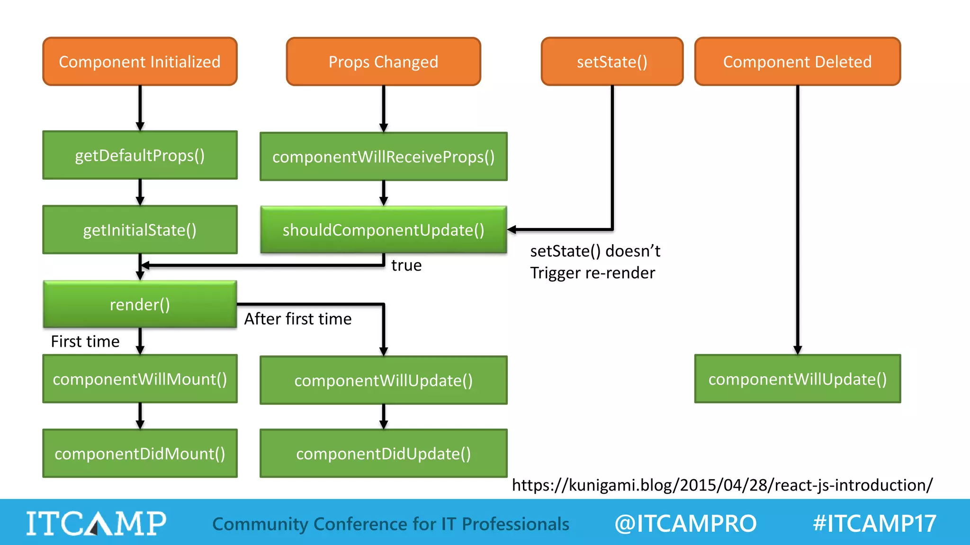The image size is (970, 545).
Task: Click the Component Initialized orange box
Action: (x=140, y=62)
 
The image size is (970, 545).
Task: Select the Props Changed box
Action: (x=383, y=62)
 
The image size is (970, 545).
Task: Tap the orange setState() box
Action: (x=612, y=62)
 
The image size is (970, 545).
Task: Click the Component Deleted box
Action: (x=797, y=62)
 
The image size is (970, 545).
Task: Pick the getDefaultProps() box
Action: (x=140, y=155)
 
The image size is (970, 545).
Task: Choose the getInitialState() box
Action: (x=140, y=230)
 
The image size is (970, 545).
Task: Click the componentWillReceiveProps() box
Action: (x=383, y=157)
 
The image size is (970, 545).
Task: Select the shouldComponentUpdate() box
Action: (x=383, y=230)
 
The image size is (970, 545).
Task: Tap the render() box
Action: (x=140, y=304)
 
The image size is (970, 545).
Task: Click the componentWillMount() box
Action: (x=140, y=379)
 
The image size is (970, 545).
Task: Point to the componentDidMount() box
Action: (x=140, y=453)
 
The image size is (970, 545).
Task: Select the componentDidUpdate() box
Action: (x=383, y=453)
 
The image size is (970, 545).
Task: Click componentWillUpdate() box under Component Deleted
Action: (x=797, y=379)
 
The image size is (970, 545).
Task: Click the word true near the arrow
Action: (x=406, y=265)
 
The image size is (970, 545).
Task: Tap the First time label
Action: (x=85, y=342)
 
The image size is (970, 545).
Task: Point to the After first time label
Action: (x=297, y=319)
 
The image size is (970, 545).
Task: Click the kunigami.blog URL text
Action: (x=722, y=485)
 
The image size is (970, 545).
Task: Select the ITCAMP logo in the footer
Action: (x=96, y=523)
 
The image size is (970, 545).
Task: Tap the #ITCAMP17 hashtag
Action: (x=874, y=523)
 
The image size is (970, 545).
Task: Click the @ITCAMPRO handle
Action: (x=685, y=523)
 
